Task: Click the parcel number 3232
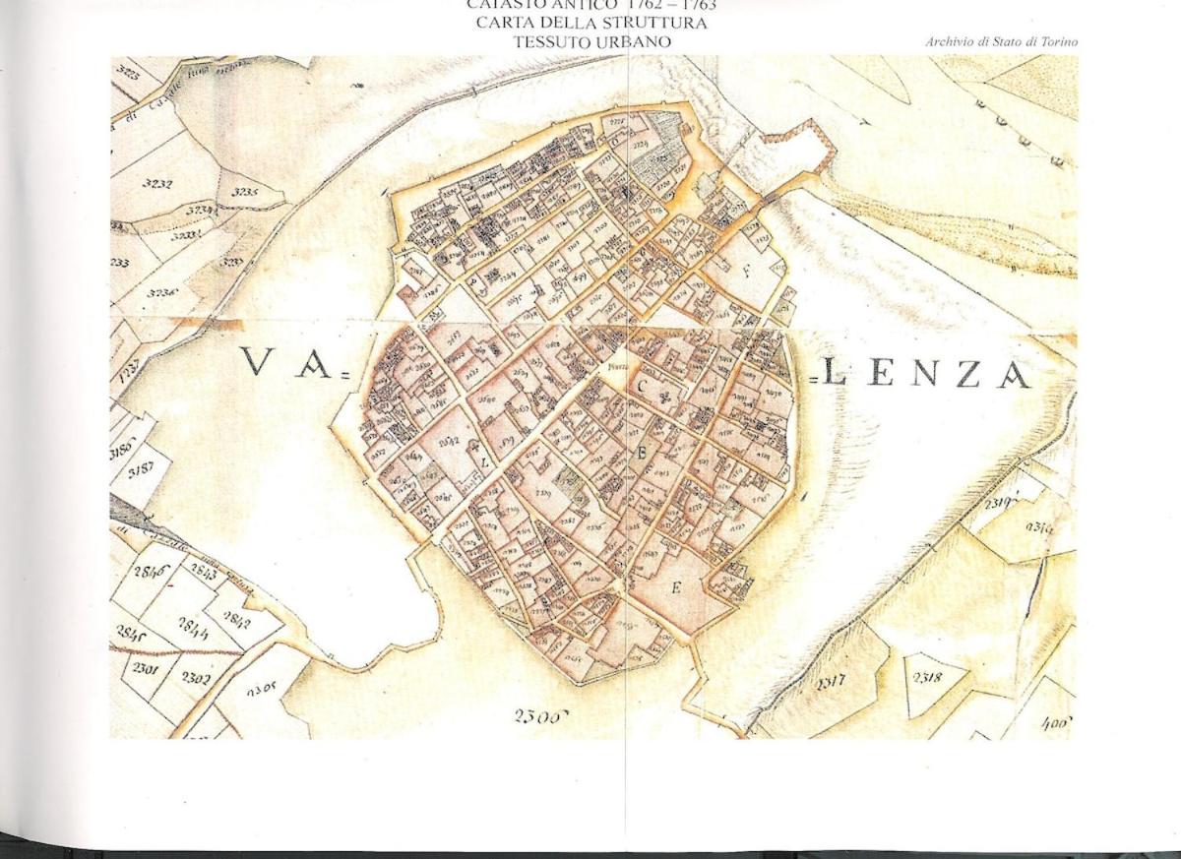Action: (157, 183)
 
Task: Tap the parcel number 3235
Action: (244, 192)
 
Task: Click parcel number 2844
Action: (193, 624)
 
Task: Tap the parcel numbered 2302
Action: (195, 678)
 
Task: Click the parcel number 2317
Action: (831, 679)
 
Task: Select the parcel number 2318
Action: (927, 677)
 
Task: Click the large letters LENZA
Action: (926, 373)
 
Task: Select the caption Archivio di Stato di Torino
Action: (1001, 42)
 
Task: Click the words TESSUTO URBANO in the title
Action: (591, 41)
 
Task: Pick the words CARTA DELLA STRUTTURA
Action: (590, 23)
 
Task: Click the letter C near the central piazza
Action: (640, 387)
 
